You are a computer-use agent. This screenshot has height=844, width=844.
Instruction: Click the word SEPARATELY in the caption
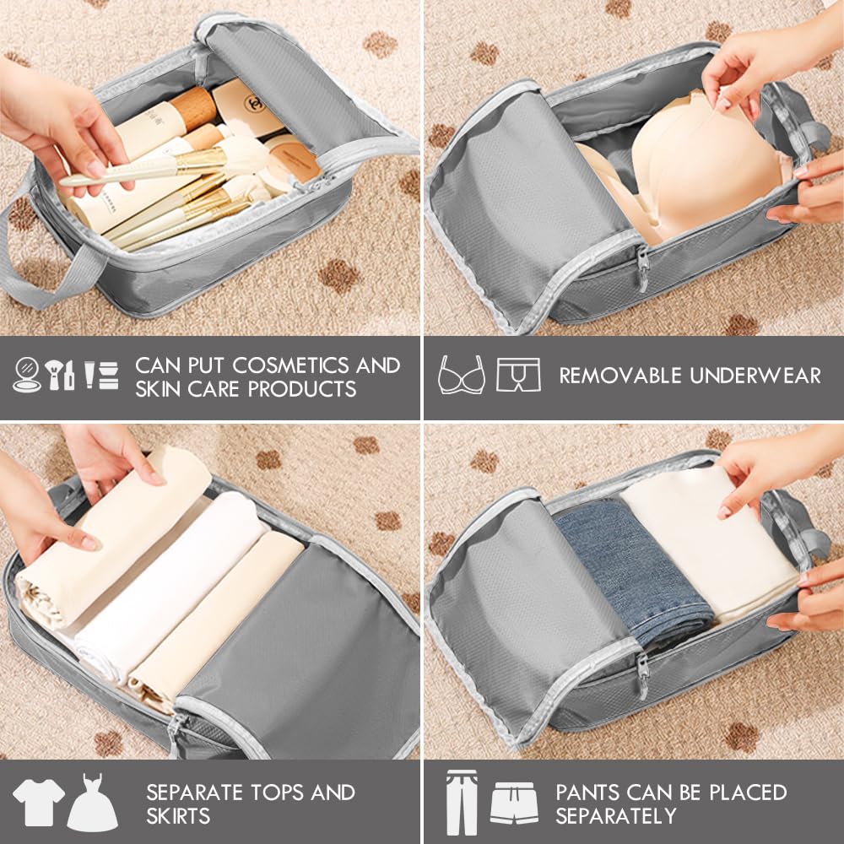pos(616,816)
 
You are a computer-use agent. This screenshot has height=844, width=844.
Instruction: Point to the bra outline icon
pos(462,375)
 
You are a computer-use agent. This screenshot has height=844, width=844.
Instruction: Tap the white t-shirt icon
pos(38,802)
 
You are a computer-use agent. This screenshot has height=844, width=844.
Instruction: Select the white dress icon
pos(92,803)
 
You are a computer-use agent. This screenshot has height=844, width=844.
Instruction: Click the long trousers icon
pos(462,803)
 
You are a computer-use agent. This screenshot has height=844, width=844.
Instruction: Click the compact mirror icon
pos(27,375)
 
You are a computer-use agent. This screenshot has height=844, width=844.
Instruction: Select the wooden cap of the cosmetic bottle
pos(193,107)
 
